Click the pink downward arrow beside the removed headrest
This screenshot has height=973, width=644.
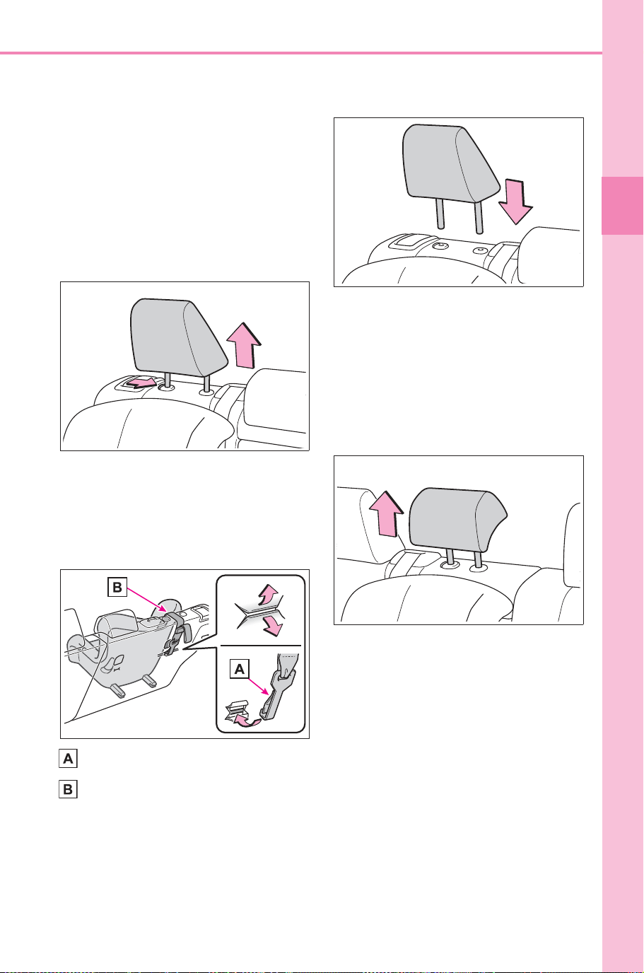click(515, 201)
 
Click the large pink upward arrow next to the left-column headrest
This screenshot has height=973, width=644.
click(244, 345)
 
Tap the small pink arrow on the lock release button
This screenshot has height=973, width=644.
click(142, 383)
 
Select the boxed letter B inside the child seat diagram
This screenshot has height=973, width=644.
click(117, 588)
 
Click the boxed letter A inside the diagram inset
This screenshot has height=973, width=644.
click(239, 670)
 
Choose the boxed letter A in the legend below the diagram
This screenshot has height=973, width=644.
click(68, 759)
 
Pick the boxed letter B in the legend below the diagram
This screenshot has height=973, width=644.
click(68, 789)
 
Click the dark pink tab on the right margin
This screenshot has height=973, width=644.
click(622, 206)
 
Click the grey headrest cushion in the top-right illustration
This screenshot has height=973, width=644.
click(450, 165)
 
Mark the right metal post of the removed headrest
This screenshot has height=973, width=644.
click(479, 217)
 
